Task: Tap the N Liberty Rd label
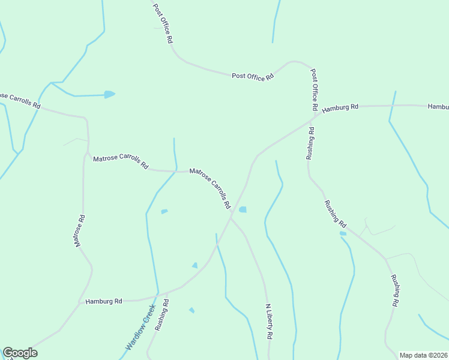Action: pyautogui.click(x=268, y=322)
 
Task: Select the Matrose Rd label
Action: pyautogui.click(x=79, y=231)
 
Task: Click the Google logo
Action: pyautogui.click(x=20, y=353)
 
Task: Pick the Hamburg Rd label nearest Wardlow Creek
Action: pyautogui.click(x=103, y=301)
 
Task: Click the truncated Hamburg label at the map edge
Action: pyautogui.click(x=438, y=106)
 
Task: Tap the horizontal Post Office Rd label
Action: pyautogui.click(x=253, y=76)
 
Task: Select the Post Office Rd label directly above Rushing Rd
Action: pyautogui.click(x=313, y=89)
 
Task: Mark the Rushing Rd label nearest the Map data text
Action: pyautogui.click(x=395, y=290)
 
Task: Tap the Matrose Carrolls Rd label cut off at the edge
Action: pyautogui.click(x=20, y=100)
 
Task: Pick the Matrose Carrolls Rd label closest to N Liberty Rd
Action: pyautogui.click(x=210, y=188)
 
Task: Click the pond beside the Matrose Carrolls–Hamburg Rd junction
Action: pyautogui.click(x=243, y=209)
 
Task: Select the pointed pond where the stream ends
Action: pyautogui.click(x=109, y=94)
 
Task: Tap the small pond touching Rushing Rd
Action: pyautogui.click(x=343, y=233)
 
